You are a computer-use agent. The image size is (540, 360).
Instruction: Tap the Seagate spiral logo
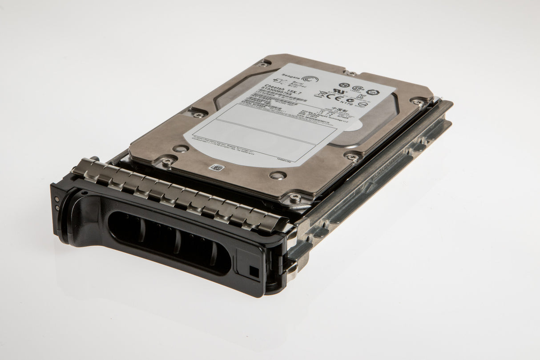click(310, 79)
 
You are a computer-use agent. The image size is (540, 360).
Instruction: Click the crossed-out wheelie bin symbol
click(320, 94)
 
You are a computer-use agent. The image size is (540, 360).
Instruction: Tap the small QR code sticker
click(217, 168)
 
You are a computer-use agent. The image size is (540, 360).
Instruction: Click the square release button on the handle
click(254, 271)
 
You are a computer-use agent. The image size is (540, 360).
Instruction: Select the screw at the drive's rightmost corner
click(418, 102)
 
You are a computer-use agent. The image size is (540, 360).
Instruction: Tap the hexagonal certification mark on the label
click(373, 92)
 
